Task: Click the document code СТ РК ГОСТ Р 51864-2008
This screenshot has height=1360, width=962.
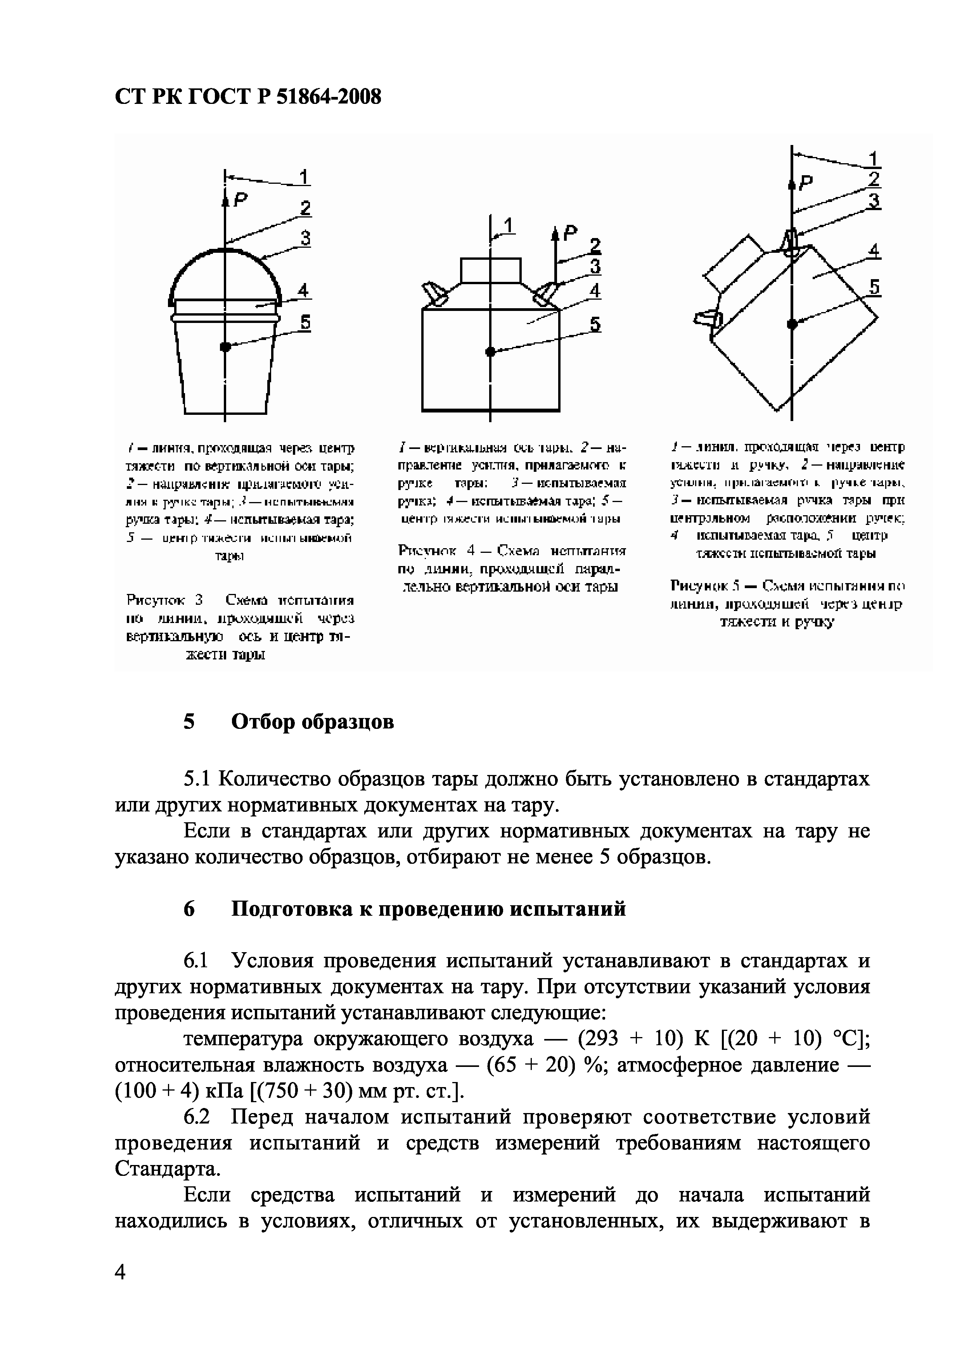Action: (x=248, y=97)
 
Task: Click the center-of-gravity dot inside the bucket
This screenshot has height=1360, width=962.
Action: (x=225, y=347)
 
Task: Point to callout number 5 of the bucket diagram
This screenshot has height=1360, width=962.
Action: (x=305, y=323)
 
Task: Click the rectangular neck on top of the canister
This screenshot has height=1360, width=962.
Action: (x=490, y=271)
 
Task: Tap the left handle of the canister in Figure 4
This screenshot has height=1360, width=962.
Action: (x=434, y=294)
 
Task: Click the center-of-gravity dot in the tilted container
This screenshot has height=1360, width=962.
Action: (x=792, y=323)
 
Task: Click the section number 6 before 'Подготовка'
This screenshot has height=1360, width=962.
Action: (x=189, y=909)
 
